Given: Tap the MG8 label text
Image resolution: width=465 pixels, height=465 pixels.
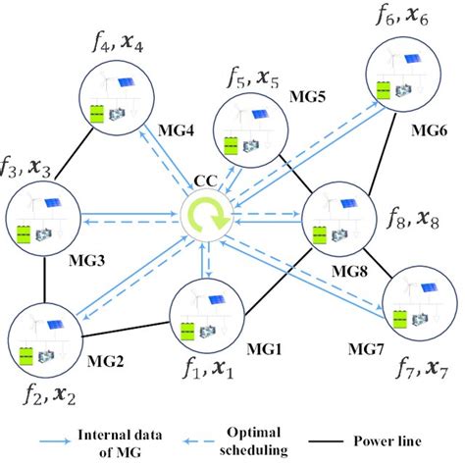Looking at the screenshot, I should (x=348, y=264).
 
